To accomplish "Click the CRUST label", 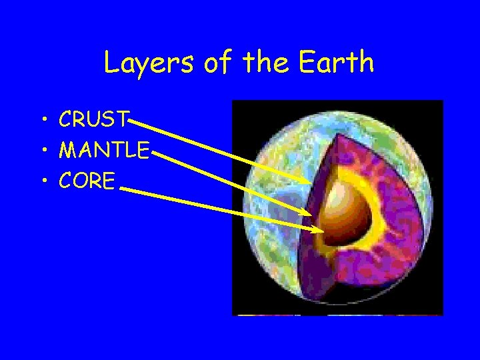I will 93,120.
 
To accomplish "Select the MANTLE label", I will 104,151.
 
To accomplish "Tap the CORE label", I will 87,181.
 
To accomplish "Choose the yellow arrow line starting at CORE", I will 220,209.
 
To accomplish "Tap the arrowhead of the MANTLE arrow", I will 307,213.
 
